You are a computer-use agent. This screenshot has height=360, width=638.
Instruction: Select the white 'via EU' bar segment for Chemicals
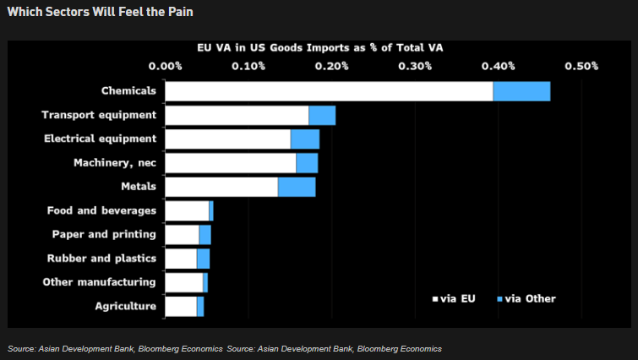[x=329, y=91]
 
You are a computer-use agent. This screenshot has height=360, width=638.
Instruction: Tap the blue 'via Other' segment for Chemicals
[x=521, y=91]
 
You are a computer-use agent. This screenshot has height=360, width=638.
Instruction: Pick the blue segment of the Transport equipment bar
[x=322, y=116]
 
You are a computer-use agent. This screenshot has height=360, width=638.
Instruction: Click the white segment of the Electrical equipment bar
[x=227, y=139]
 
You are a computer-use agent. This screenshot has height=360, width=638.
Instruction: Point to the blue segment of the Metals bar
[x=297, y=187]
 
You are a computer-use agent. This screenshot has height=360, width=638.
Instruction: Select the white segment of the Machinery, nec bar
[x=231, y=163]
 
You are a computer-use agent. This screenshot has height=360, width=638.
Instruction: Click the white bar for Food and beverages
[x=187, y=210]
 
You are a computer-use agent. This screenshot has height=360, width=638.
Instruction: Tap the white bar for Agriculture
[x=181, y=306]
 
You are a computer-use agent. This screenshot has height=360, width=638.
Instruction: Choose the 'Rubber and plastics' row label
[x=101, y=258]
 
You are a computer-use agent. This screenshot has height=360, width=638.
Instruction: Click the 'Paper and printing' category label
[x=104, y=234]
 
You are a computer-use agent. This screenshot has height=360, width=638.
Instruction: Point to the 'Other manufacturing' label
[x=99, y=281]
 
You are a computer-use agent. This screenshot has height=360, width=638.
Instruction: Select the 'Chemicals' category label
[x=128, y=90]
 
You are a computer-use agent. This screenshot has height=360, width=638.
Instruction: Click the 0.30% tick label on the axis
[x=415, y=66]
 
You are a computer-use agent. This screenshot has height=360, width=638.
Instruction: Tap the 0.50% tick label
[x=581, y=66]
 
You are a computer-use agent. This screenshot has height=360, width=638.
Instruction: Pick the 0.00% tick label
[x=165, y=66]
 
